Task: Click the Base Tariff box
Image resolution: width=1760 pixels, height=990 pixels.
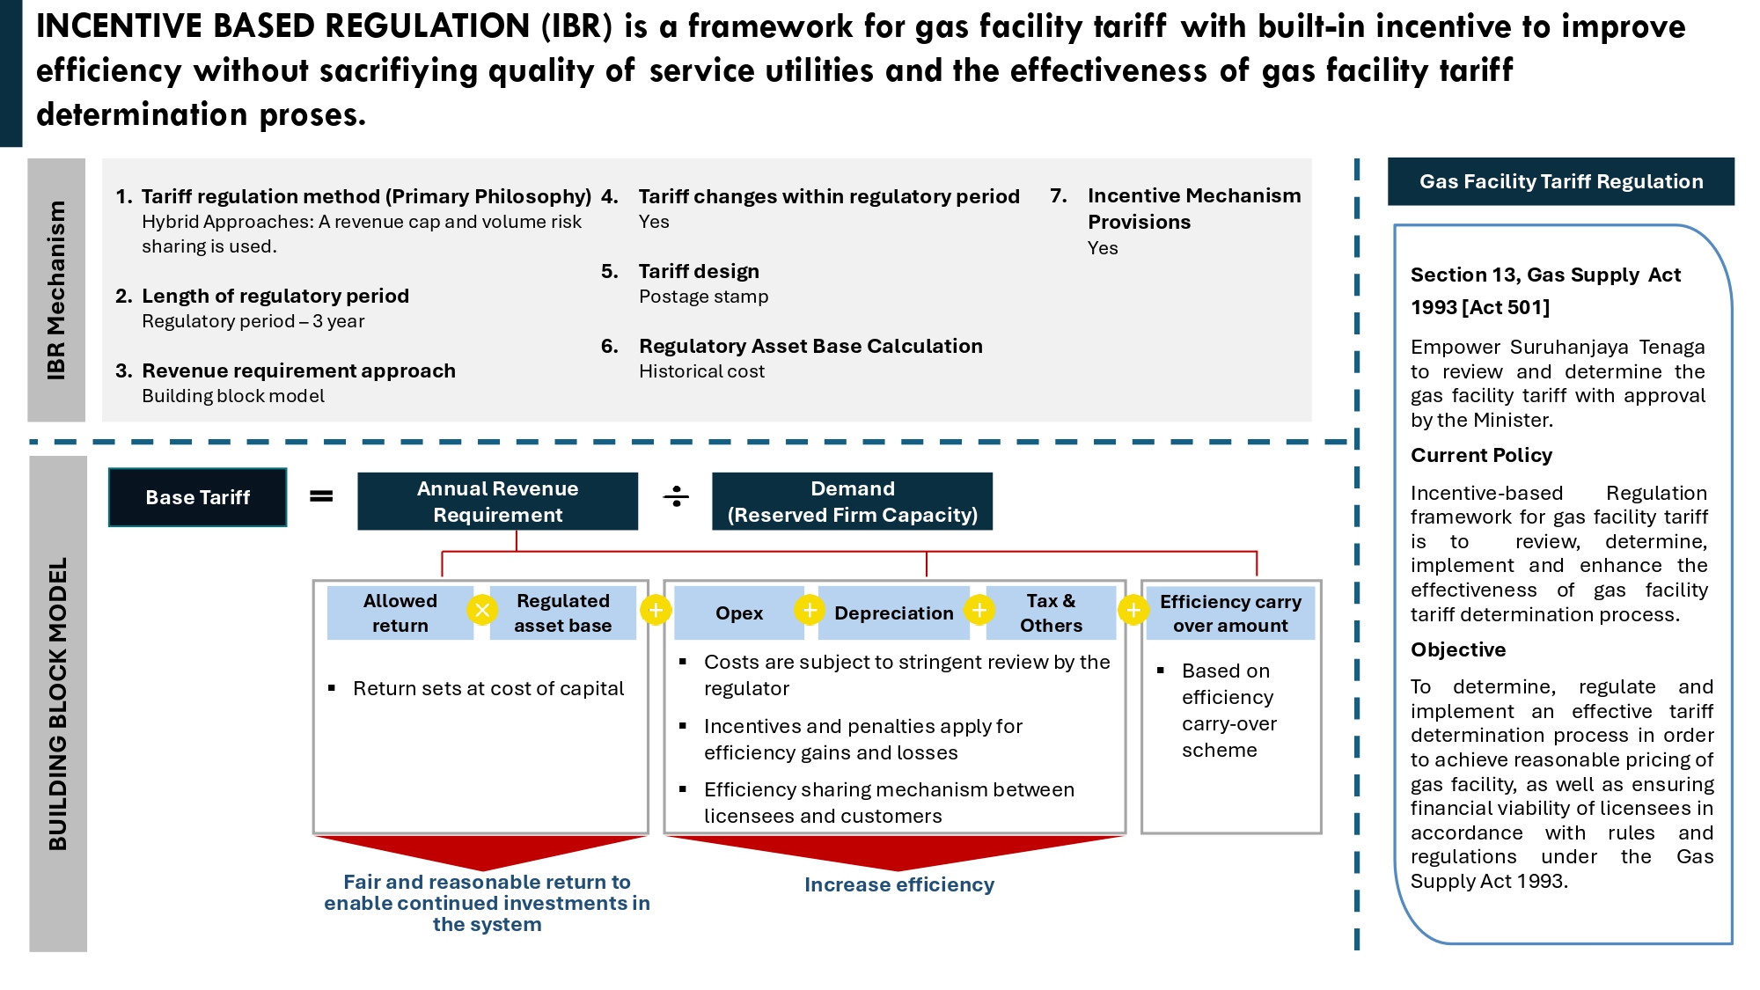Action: pyautogui.click(x=197, y=497)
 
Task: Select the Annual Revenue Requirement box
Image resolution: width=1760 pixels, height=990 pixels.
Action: pyautogui.click(x=497, y=501)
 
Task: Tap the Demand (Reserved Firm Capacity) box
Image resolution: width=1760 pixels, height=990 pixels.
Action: pyautogui.click(x=852, y=501)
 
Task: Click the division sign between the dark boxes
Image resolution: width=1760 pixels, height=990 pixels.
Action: pyautogui.click(x=676, y=497)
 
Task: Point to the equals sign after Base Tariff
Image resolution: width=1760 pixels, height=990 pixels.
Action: pyautogui.click(x=321, y=496)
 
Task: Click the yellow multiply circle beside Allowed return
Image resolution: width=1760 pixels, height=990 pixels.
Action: pyautogui.click(x=482, y=610)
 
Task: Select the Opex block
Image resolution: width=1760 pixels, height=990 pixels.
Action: pyautogui.click(x=738, y=612)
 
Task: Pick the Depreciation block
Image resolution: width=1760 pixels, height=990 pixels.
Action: pyautogui.click(x=893, y=612)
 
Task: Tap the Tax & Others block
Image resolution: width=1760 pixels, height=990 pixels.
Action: pyautogui.click(x=1051, y=612)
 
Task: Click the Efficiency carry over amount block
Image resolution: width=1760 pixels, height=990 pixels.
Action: pyautogui.click(x=1229, y=612)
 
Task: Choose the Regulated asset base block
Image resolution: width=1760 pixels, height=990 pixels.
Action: pyautogui.click(x=562, y=612)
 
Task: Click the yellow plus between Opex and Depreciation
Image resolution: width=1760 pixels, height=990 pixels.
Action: pyautogui.click(x=810, y=609)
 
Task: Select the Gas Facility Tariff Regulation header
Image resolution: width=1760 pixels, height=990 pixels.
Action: pyautogui.click(x=1560, y=181)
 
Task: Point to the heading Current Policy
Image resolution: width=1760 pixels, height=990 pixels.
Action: pyautogui.click(x=1481, y=455)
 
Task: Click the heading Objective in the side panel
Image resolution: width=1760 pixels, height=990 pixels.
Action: pyautogui.click(x=1458, y=649)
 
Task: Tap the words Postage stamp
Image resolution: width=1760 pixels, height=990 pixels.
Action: pyautogui.click(x=703, y=297)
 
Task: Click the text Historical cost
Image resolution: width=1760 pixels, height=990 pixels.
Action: pyautogui.click(x=701, y=371)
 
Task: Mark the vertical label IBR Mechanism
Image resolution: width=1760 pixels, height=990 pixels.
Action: pyautogui.click(x=56, y=290)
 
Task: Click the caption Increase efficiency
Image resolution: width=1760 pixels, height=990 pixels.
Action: pyautogui.click(x=898, y=884)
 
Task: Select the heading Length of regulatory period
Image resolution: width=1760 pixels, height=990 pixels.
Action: pyautogui.click(x=275, y=296)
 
